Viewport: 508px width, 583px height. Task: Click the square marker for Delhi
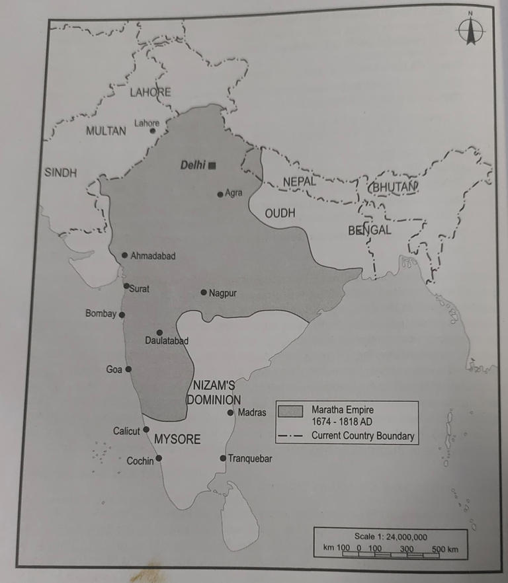pyautogui.click(x=212, y=166)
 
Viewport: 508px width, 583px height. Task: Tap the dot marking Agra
pyautogui.click(x=220, y=194)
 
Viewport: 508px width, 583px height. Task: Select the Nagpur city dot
pyautogui.click(x=203, y=292)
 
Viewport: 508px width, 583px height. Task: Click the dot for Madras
pyautogui.click(x=230, y=413)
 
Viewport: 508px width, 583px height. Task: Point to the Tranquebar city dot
pyautogui.click(x=223, y=458)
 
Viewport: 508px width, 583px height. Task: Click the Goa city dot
pyautogui.click(x=128, y=369)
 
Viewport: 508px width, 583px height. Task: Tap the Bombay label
pyautogui.click(x=101, y=314)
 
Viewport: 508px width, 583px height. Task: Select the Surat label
pyautogui.click(x=140, y=289)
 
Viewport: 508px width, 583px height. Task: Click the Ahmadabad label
pyautogui.click(x=153, y=256)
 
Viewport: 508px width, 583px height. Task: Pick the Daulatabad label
pyautogui.click(x=167, y=341)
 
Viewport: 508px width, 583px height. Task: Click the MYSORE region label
pyautogui.click(x=177, y=439)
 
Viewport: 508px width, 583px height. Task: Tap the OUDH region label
pyautogui.click(x=280, y=214)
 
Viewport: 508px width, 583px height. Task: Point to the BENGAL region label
pyautogui.click(x=370, y=231)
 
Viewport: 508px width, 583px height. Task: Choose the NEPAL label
pyautogui.click(x=300, y=181)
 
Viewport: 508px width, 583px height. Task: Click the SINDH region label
pyautogui.click(x=61, y=173)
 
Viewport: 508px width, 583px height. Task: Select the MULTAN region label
pyautogui.click(x=106, y=131)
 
